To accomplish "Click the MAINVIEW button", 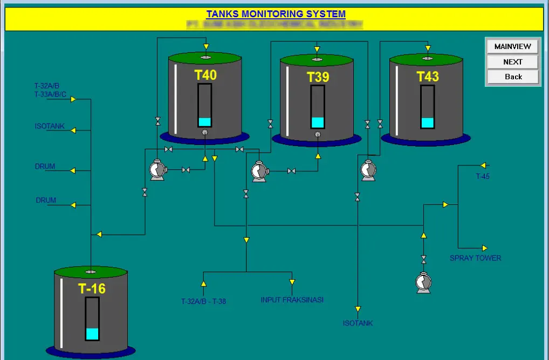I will click(x=512, y=46).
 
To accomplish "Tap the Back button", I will click(x=512, y=77).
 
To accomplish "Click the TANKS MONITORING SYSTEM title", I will click(x=276, y=14).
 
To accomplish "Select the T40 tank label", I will click(x=205, y=75).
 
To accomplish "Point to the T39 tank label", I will click(x=318, y=77).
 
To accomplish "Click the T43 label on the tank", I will click(x=427, y=77).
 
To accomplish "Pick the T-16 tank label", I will click(x=92, y=288).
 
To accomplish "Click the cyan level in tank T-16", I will click(x=92, y=334).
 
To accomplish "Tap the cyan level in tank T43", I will click(x=427, y=122).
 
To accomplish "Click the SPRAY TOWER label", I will click(x=475, y=258).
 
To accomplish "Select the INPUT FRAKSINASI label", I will click(x=292, y=300).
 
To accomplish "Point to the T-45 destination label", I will click(x=483, y=176).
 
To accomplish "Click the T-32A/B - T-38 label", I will click(x=203, y=301).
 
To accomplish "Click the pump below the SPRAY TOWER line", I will click(x=423, y=282).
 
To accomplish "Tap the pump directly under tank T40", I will click(x=157, y=170).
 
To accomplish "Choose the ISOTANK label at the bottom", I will click(x=358, y=323).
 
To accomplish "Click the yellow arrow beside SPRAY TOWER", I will click(x=484, y=248).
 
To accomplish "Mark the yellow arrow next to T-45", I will click(x=483, y=165).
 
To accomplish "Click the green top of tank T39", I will click(x=317, y=59).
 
